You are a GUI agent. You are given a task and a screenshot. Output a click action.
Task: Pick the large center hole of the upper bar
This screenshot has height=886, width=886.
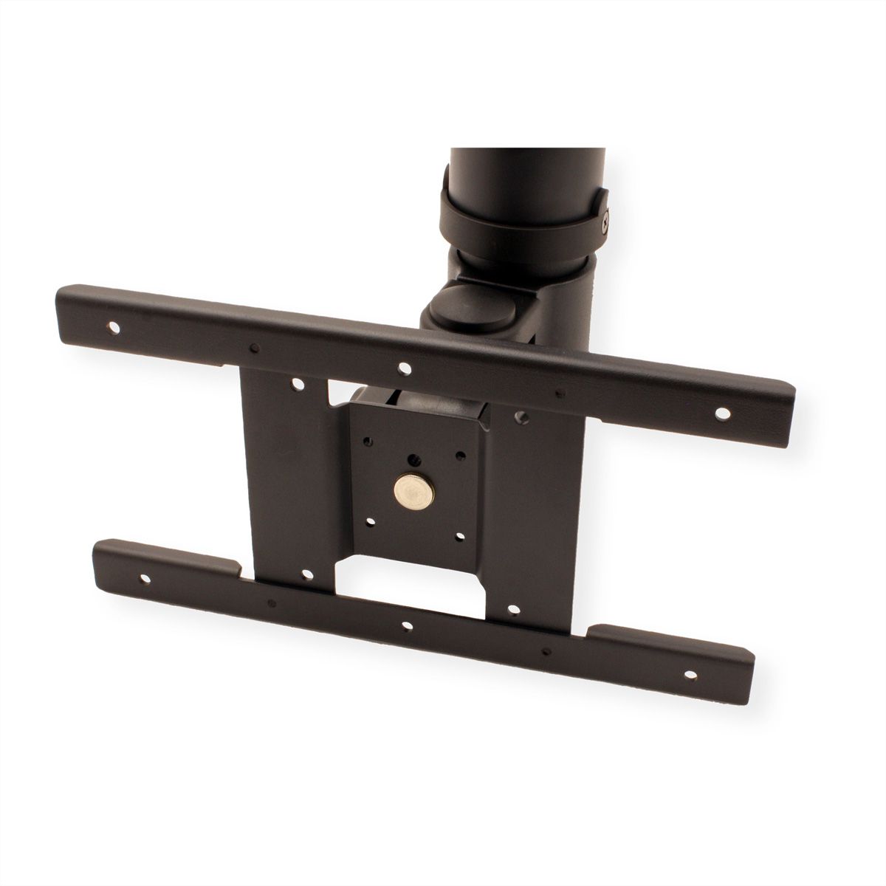[403, 366]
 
